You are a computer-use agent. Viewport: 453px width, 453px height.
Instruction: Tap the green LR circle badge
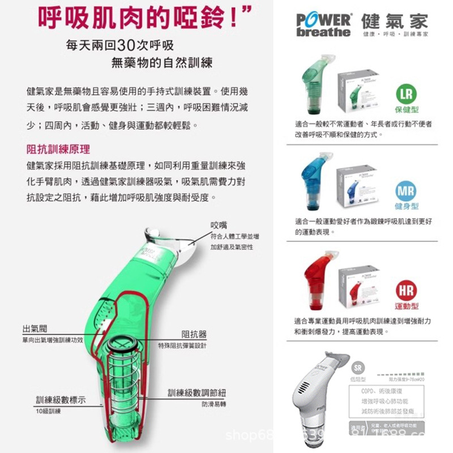[407, 94]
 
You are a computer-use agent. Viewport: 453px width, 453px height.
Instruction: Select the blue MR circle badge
[406, 191]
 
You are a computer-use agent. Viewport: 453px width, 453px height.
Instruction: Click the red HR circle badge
[406, 291]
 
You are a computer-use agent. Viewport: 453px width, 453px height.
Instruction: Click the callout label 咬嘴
[219, 225]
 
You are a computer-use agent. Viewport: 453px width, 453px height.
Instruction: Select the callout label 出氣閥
[35, 329]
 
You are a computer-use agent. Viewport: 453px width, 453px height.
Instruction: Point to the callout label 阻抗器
[194, 334]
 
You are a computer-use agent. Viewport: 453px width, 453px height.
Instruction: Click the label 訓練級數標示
[62, 400]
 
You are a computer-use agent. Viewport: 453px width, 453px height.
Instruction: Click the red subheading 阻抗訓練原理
[58, 150]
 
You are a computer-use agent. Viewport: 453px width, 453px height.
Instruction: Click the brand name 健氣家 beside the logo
[395, 22]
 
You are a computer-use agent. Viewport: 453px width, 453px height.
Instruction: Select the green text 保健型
[407, 109]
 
